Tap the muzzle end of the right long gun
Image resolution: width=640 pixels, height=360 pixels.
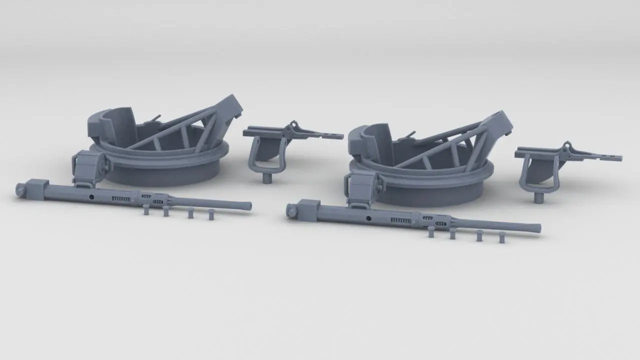pyautogui.click(x=538, y=228)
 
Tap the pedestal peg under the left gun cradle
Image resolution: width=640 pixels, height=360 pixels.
pyautogui.click(x=267, y=177)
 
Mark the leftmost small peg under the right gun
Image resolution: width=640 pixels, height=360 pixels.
pyautogui.click(x=431, y=231)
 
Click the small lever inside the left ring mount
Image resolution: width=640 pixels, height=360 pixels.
pyautogui.click(x=155, y=118)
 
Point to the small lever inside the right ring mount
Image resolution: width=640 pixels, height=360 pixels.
pyautogui.click(x=410, y=134)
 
